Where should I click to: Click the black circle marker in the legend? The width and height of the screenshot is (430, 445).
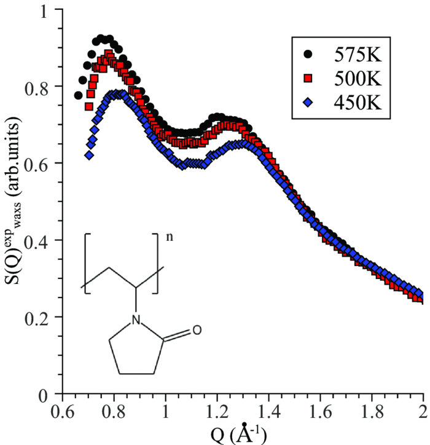pos(308,54)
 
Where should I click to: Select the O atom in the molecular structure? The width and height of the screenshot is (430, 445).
pos(197,331)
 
